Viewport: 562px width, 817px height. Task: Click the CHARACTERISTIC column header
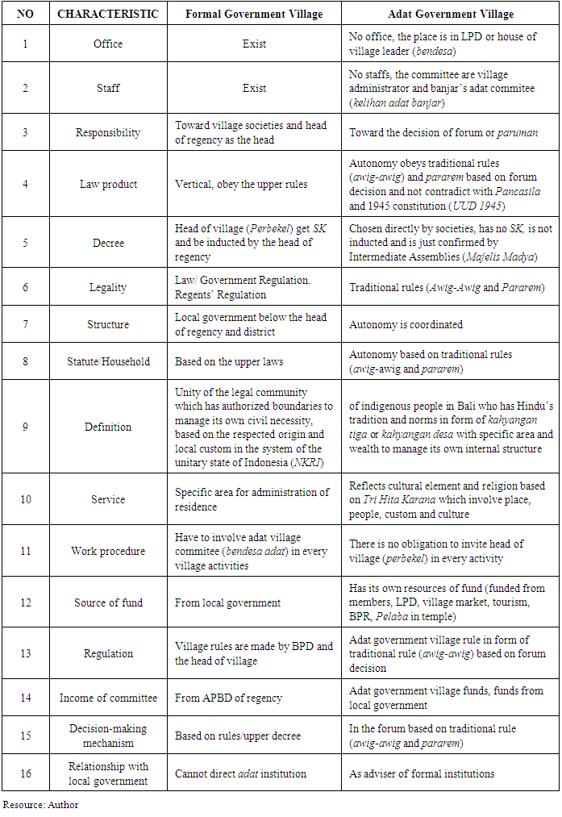107,14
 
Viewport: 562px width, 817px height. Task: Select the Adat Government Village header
450,14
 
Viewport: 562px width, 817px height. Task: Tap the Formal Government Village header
254,14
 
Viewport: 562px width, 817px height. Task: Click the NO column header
25,14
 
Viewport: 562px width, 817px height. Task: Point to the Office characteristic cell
107,44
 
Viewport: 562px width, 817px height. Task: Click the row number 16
25,773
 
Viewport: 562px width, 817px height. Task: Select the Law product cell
107,184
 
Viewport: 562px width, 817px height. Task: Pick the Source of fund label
107,602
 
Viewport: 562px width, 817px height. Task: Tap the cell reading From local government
227,602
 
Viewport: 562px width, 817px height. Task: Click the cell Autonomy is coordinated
406,324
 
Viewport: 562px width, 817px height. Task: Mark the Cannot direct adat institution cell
240,773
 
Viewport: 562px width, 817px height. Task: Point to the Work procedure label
107,551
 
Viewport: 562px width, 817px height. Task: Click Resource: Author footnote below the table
40,804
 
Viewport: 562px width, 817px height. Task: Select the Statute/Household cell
107,361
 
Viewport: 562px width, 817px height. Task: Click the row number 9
25,427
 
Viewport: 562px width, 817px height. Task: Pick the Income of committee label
107,698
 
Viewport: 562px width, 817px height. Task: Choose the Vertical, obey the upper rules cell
241,184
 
